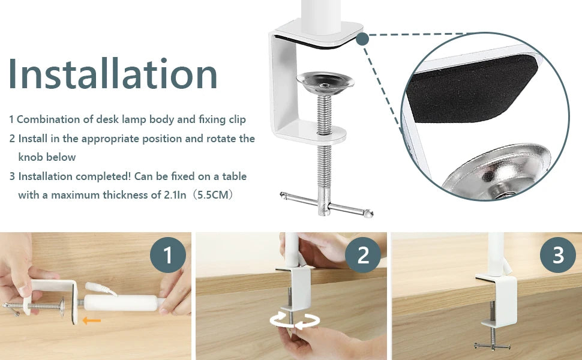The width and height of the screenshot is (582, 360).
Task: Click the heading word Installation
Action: (x=113, y=73)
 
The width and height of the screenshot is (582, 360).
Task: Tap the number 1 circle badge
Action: (x=168, y=255)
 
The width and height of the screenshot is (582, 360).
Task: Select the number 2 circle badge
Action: (x=362, y=255)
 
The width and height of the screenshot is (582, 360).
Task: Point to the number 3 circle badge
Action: (x=558, y=255)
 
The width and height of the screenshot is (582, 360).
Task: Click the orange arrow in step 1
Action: (x=91, y=320)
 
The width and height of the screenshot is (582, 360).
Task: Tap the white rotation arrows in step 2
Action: (x=295, y=320)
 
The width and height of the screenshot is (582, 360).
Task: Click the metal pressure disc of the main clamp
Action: (x=325, y=82)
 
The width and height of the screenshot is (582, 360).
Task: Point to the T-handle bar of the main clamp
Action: (x=326, y=204)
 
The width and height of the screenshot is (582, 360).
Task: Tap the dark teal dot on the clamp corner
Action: (x=362, y=38)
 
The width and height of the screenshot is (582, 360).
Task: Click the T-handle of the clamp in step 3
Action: (x=492, y=346)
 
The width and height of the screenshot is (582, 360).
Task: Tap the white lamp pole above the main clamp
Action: (x=321, y=17)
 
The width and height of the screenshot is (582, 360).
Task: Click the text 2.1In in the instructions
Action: (x=175, y=195)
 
